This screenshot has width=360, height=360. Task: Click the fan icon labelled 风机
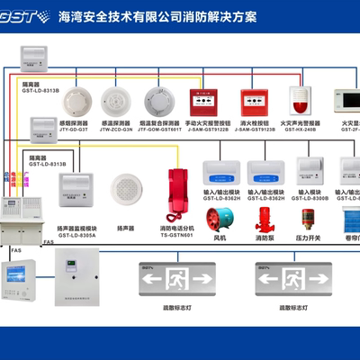pyautogui.click(x=218, y=221)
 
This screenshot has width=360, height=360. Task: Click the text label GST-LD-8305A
pyautogui.click(x=76, y=235)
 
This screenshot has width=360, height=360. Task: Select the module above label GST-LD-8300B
pyautogui.click(x=310, y=171)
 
